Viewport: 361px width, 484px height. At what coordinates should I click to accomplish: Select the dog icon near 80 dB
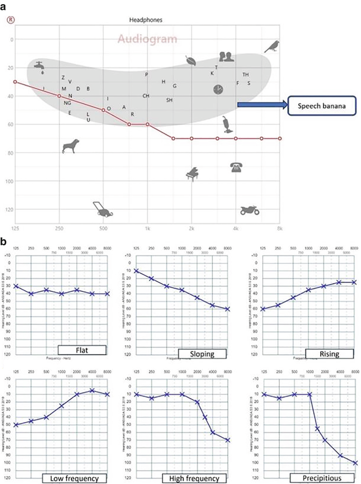71,146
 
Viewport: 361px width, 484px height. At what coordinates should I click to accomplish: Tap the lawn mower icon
103,209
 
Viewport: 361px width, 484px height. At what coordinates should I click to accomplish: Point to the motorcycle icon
248,210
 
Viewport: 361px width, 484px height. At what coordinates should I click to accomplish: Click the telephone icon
236,168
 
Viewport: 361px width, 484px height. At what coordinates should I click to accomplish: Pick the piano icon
192,175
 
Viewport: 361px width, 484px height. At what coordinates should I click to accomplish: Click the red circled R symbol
9,20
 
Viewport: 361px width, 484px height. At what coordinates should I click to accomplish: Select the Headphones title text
145,20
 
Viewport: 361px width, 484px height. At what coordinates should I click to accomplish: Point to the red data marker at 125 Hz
15,82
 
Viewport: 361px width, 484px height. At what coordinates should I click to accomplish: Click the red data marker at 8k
280,139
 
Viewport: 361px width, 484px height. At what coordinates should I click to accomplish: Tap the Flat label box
82,350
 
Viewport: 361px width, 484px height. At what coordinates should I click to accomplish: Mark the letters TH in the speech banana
246,75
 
